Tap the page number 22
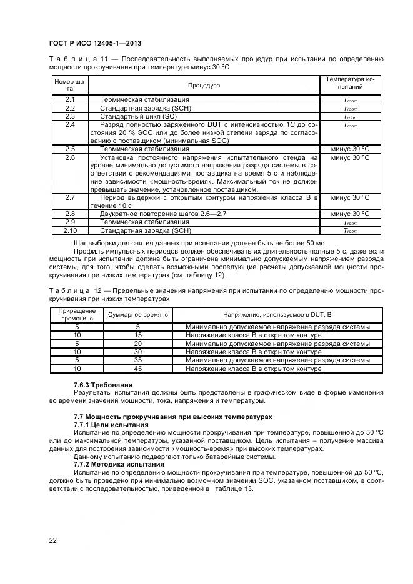coord(53,540)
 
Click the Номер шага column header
coord(70,85)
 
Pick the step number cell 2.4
coord(70,125)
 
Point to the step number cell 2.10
coord(70,230)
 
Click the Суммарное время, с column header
coord(138,314)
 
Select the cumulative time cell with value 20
coord(138,344)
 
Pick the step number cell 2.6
coord(70,158)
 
